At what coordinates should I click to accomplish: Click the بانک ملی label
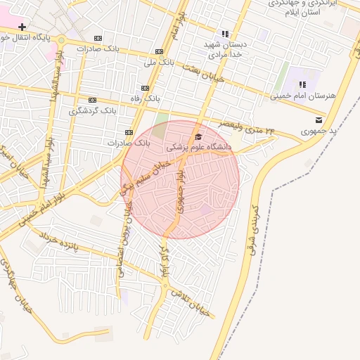click(x=159, y=63)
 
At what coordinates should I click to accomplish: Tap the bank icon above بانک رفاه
click(x=146, y=88)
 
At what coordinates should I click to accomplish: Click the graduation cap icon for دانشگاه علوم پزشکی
click(x=198, y=137)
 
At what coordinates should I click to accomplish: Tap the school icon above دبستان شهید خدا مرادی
click(x=225, y=33)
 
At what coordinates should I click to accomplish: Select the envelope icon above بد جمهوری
click(x=320, y=120)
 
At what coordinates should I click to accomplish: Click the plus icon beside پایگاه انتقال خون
click(x=22, y=27)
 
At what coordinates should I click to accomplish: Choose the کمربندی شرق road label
click(x=254, y=229)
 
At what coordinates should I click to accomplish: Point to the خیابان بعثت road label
click(x=204, y=73)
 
